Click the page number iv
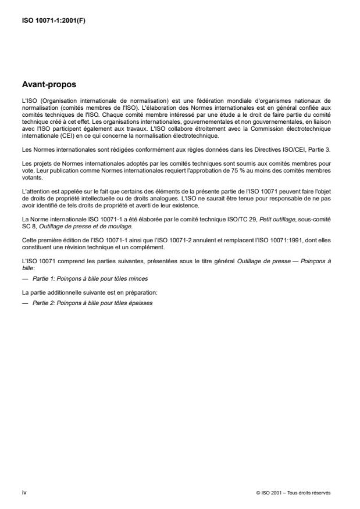click(24, 492)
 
